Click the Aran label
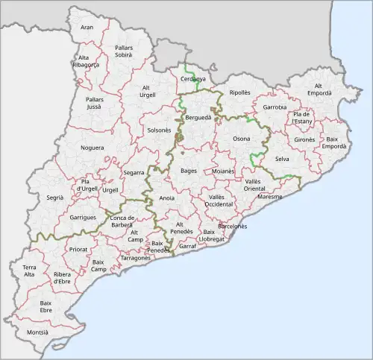tap(87, 28)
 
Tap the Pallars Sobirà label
tap(124, 51)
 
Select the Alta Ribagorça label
tap(88, 61)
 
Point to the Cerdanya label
tap(192, 78)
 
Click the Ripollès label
tap(240, 93)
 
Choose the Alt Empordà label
tap(319, 89)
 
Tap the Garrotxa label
tap(275, 107)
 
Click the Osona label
tap(242, 139)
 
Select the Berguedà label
tap(198, 118)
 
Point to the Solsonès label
tap(159, 130)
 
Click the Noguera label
tap(93, 148)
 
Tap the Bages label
tap(188, 171)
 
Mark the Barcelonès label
tap(233, 225)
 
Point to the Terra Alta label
tap(29, 271)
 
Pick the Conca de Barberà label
tap(122, 221)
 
